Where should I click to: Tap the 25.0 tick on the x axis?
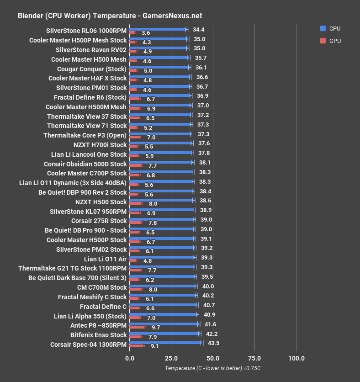pos(171,358)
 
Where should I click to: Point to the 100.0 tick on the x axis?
pos(296,358)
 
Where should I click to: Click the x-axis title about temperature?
pos(212,368)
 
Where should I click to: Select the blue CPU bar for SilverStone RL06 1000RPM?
pos(158,29)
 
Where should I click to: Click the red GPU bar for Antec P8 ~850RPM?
pos(138,327)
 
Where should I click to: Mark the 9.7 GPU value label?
pos(156,328)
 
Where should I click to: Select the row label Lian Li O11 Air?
pos(105,259)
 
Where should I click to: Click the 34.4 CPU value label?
pos(198,30)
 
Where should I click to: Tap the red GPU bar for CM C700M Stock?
pos(136,289)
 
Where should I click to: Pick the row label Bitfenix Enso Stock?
pos(98,335)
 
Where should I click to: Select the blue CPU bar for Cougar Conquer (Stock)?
pos(159,67)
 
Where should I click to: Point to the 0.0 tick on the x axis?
pos(130,358)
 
